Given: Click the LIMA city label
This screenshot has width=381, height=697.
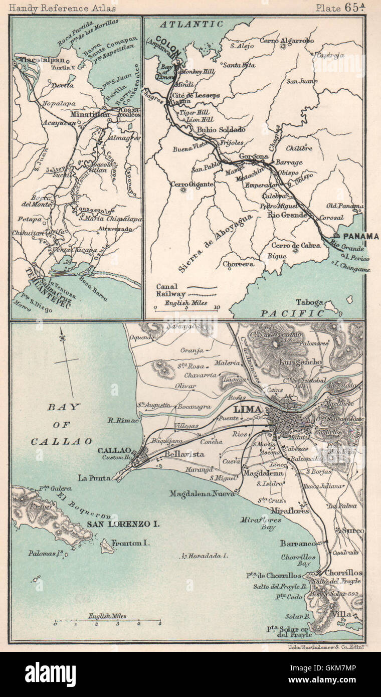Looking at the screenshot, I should click(248, 410).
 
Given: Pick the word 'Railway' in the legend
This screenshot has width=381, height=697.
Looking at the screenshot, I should click(170, 294).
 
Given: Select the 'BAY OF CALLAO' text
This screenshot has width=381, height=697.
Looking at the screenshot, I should click(62, 424).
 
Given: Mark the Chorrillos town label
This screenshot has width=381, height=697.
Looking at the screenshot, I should click(343, 573).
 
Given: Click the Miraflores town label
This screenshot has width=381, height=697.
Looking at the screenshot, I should click(289, 510).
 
